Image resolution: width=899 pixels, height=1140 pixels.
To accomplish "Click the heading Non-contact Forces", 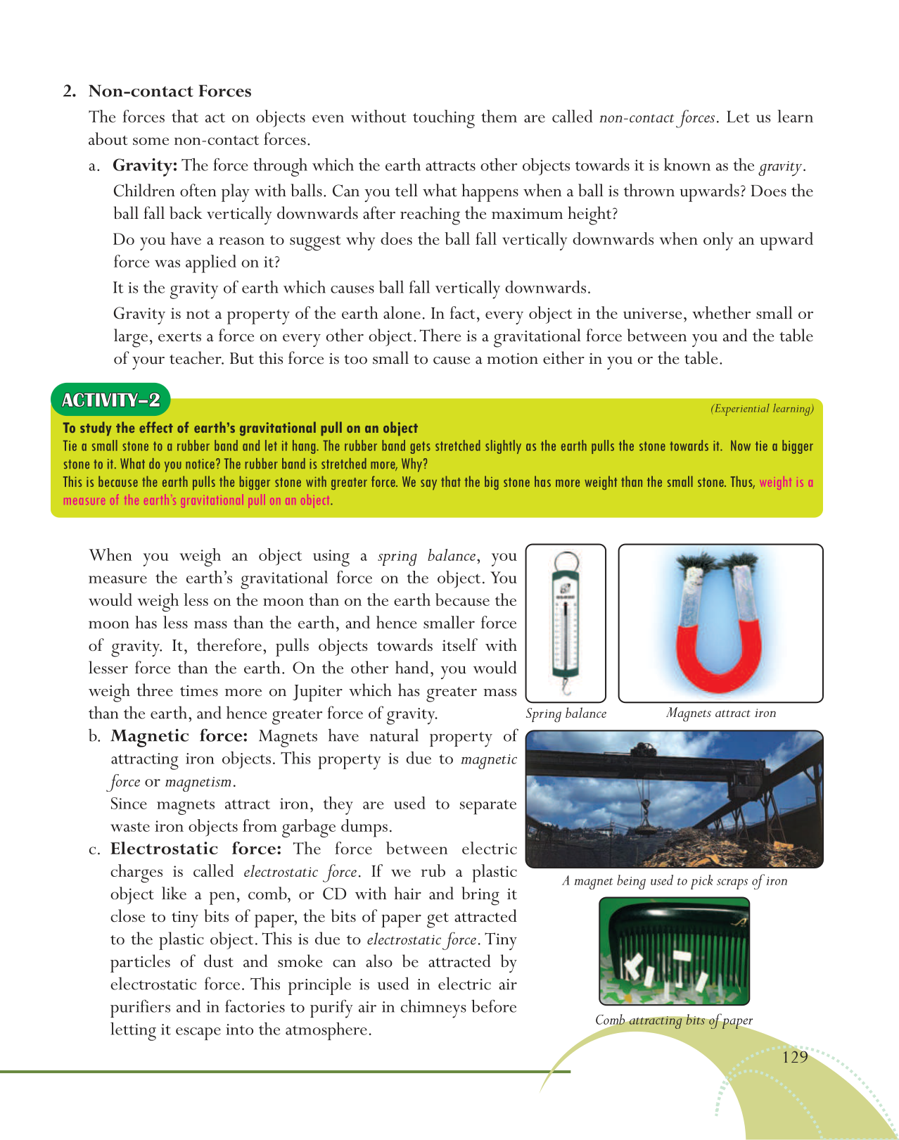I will (x=170, y=91).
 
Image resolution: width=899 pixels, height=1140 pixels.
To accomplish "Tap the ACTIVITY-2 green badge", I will (x=110, y=400).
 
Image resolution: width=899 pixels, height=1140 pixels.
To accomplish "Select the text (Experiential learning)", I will (x=762, y=409).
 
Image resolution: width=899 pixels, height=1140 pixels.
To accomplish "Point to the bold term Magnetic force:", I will (x=179, y=737).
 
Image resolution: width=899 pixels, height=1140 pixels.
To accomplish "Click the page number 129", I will (x=795, y=1057).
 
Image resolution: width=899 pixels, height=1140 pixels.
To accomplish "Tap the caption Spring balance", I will (x=566, y=714).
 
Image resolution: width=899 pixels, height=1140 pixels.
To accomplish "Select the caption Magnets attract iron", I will (x=721, y=714).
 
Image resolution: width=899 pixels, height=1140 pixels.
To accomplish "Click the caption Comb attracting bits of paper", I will (x=673, y=1020).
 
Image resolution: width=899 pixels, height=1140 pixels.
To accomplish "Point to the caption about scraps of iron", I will (x=675, y=881).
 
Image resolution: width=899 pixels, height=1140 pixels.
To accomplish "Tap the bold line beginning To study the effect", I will (x=240, y=428).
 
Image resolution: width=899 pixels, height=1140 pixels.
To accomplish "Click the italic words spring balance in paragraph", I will (x=426, y=556).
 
